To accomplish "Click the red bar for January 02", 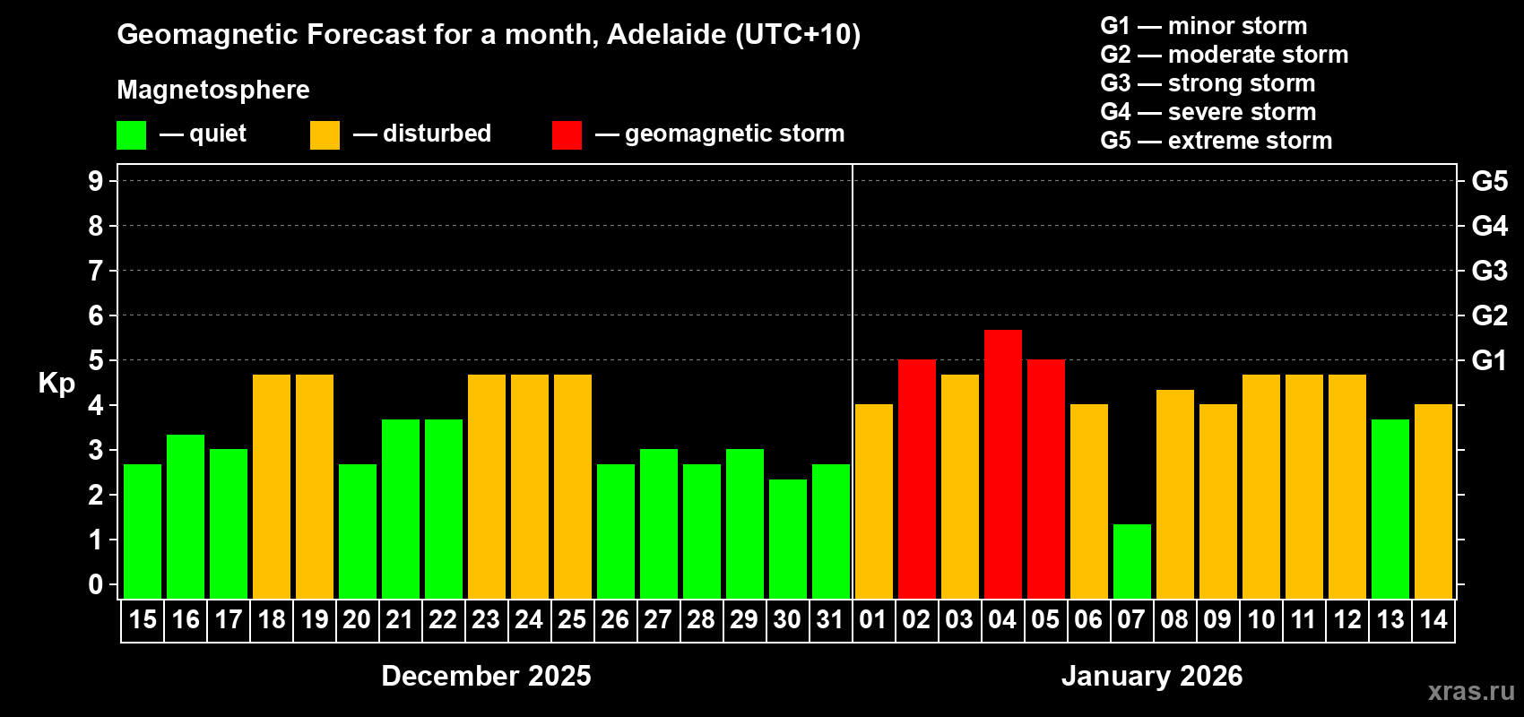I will [916, 479].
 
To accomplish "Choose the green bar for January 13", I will [1390, 509].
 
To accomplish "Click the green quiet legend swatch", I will [131, 135].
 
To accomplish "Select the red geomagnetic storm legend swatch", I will [567, 135].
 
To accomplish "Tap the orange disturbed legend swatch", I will [325, 135].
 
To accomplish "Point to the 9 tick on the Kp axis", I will [96, 181].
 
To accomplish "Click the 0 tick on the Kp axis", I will [96, 585].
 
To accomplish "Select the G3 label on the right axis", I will [1489, 271].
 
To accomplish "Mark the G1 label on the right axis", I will [1489, 360].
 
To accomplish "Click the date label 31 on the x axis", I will [830, 619].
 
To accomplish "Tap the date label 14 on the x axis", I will [1433, 619].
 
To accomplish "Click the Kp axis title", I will [56, 384].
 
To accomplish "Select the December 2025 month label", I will [486, 676].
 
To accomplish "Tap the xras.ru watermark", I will [1470, 691].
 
